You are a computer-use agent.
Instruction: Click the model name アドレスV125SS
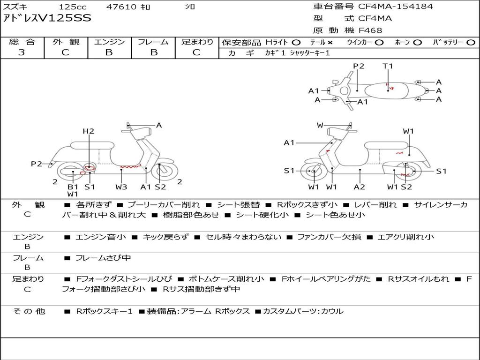click(x=47, y=18)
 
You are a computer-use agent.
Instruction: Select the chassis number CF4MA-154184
click(x=396, y=6)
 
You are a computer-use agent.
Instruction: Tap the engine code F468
click(x=370, y=30)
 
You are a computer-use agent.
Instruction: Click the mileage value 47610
click(x=121, y=7)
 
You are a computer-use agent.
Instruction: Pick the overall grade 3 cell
click(x=22, y=52)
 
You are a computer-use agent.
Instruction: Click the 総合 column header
click(x=22, y=42)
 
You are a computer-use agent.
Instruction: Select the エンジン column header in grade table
click(x=109, y=42)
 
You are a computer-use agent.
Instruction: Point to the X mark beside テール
click(x=330, y=43)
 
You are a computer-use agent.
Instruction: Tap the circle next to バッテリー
click(x=471, y=43)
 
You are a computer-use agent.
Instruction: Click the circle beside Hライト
click(x=296, y=43)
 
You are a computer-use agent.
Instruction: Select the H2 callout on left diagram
click(x=89, y=131)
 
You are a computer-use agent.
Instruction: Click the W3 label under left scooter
click(x=121, y=187)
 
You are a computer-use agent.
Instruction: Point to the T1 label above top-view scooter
click(x=388, y=66)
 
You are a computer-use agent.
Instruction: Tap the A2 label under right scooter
click(x=360, y=187)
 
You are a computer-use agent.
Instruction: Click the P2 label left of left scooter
click(x=37, y=164)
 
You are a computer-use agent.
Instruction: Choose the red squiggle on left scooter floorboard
click(x=130, y=167)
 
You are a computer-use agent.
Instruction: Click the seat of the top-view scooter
click(x=386, y=91)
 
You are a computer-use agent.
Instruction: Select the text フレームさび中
click(x=103, y=258)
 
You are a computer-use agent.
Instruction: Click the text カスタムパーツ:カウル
click(x=303, y=311)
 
